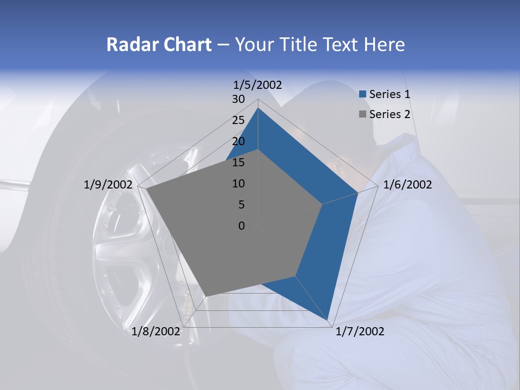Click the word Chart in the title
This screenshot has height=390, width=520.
(186, 44)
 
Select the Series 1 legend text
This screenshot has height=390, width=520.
(389, 94)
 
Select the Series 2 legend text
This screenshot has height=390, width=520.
(389, 114)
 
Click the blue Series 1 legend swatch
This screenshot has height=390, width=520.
(363, 94)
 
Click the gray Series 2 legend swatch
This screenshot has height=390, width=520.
(363, 114)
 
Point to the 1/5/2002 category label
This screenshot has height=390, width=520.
(258, 84)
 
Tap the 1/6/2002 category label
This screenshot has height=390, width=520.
(407, 185)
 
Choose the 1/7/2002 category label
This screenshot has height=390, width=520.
(360, 331)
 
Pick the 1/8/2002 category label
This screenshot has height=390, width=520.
(155, 331)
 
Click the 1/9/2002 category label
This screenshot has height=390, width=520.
(108, 185)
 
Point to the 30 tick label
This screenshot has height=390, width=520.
(238, 99)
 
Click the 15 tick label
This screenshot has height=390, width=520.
(238, 162)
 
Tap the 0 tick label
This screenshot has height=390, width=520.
(242, 226)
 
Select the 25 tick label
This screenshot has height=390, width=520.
(238, 120)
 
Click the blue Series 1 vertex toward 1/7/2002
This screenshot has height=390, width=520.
(328, 320)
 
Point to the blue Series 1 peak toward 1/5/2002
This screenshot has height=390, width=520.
(258, 108)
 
